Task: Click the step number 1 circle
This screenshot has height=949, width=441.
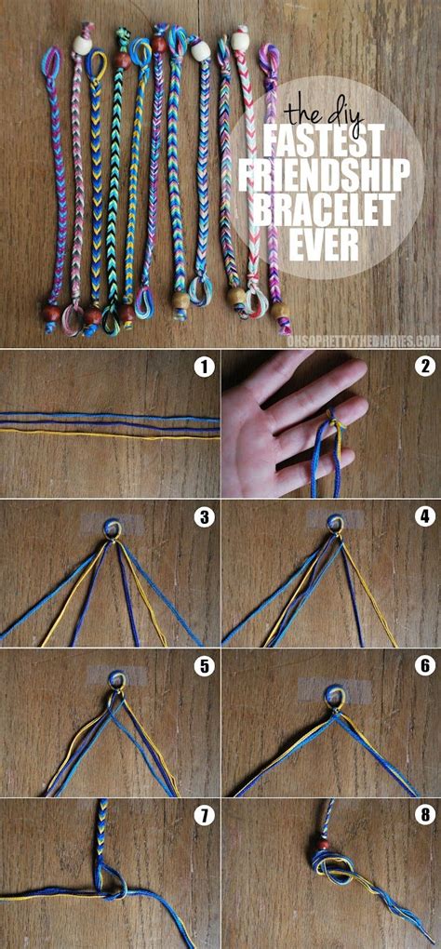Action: click(x=204, y=367)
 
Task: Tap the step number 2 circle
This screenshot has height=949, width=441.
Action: click(x=424, y=367)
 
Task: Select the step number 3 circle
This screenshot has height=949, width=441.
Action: click(x=204, y=516)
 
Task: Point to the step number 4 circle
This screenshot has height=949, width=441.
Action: click(x=424, y=516)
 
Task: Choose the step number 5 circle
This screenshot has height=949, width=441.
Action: click(x=204, y=666)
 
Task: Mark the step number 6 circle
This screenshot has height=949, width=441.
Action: click(x=424, y=666)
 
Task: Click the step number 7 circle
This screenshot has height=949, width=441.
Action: click(x=204, y=816)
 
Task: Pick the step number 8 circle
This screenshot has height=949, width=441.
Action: click(x=424, y=816)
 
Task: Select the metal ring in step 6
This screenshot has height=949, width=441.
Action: click(x=332, y=695)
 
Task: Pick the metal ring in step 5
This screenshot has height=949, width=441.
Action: click(x=115, y=681)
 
